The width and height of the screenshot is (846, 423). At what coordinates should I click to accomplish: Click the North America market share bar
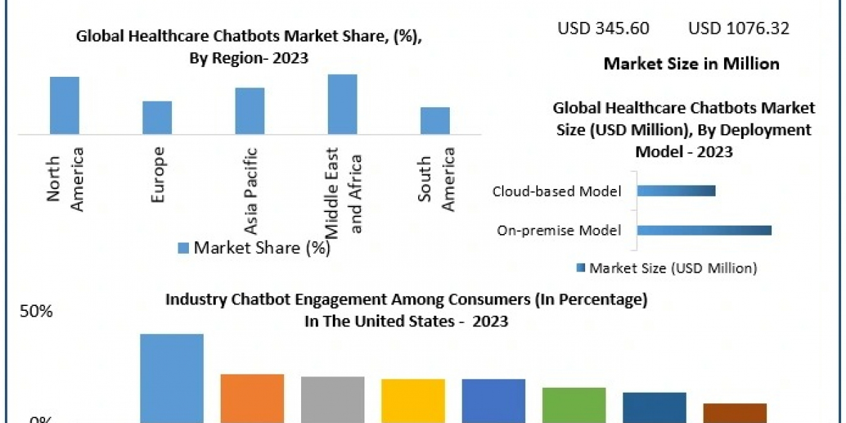click(x=64, y=105)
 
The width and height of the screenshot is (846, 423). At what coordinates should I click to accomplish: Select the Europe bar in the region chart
click(x=157, y=117)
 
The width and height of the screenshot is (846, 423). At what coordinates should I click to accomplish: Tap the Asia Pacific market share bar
click(x=250, y=111)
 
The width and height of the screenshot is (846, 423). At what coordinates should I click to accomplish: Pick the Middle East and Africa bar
click(x=343, y=104)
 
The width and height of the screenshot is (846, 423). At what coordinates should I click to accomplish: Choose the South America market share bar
click(x=435, y=121)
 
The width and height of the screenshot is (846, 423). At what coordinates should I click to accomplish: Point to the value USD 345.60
click(x=603, y=28)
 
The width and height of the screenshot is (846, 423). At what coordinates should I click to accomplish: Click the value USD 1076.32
click(x=739, y=28)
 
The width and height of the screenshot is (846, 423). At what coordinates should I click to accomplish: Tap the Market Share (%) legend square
click(x=183, y=247)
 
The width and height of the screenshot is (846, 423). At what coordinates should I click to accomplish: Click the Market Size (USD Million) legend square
click(x=581, y=268)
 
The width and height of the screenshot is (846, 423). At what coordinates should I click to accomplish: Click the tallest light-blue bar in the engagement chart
click(x=172, y=378)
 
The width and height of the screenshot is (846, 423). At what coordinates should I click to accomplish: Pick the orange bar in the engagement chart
click(x=252, y=398)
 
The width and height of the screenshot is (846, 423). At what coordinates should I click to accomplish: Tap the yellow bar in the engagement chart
click(x=413, y=400)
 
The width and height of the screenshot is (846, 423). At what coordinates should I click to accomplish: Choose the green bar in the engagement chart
click(x=574, y=405)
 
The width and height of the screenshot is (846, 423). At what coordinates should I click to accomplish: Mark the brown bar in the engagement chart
click(x=735, y=412)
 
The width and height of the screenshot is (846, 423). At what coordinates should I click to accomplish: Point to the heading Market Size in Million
click(x=692, y=63)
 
